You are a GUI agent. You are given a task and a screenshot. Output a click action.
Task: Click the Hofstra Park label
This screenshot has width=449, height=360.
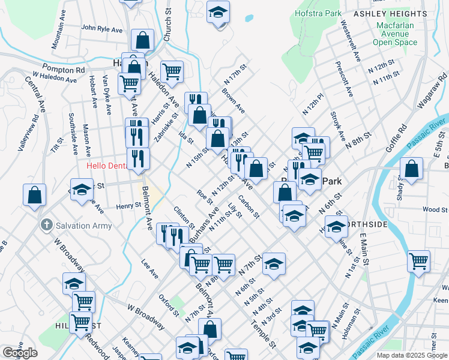click(x=318, y=13)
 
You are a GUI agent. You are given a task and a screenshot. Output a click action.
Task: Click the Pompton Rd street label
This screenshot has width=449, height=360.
click(x=61, y=68)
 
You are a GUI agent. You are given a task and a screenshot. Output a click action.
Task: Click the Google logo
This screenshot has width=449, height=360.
click(x=20, y=353)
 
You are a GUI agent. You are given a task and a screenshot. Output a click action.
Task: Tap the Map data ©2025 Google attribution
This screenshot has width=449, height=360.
click(x=411, y=355)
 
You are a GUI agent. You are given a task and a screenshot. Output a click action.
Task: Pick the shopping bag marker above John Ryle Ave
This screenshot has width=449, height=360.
click(x=143, y=41)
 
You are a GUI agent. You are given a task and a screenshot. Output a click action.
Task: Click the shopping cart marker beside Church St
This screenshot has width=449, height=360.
click(x=172, y=71)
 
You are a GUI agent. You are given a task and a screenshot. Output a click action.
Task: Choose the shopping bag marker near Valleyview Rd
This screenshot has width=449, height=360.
click(x=35, y=194)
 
